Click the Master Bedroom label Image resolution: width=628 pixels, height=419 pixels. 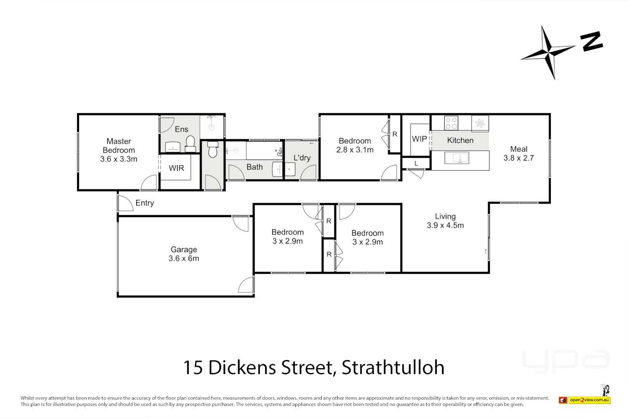[x=119, y=146]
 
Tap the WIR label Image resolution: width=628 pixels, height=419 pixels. [x=176, y=168]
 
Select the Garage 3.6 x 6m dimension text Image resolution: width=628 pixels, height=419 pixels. [x=184, y=258]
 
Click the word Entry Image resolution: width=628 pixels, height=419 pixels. [x=145, y=203]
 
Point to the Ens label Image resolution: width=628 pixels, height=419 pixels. [x=181, y=129]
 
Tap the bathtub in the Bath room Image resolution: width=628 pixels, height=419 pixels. [x=264, y=151]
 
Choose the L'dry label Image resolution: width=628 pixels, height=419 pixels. [x=302, y=158]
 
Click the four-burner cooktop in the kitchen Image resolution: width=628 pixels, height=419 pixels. [x=451, y=123]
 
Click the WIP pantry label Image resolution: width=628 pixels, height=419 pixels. [x=419, y=139]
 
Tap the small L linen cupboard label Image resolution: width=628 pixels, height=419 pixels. [x=416, y=163]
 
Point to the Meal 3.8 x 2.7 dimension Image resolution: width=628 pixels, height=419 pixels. [x=519, y=158]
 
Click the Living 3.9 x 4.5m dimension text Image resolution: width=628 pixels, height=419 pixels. [x=445, y=225]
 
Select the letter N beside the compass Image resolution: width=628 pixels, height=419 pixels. [x=592, y=42]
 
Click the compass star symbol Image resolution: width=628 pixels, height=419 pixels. [x=549, y=52]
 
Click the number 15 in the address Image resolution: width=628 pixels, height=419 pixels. [x=193, y=367]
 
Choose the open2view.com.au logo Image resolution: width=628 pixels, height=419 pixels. [x=589, y=400]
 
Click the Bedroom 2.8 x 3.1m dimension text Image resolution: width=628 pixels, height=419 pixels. [x=355, y=150]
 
